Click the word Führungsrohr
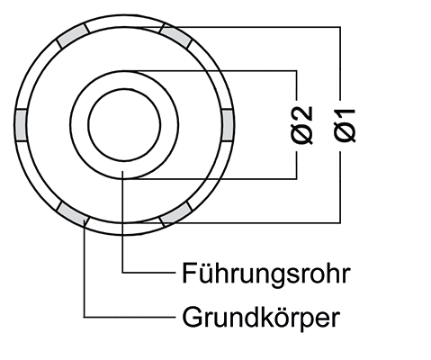coord(266,274)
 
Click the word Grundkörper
coord(261,318)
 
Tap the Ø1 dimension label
coord(345,125)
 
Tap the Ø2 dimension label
coord(301,124)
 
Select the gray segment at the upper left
coord(73,36)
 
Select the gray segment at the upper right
coord(175,36)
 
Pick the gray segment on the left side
coord(21,125)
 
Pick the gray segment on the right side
coord(227,125)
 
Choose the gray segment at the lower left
coord(73,214)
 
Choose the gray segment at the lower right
coord(175,214)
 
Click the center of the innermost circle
coord(124,125)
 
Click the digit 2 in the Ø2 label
coord(301,113)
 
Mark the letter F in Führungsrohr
coord(189,273)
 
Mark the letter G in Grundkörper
coord(192,317)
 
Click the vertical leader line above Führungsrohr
coord(122,221)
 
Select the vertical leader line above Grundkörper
coord(85,268)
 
